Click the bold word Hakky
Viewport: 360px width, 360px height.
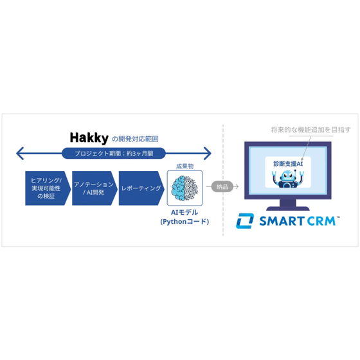89,138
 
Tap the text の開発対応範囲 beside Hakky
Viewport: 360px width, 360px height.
135,139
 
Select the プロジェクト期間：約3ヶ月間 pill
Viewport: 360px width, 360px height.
114,154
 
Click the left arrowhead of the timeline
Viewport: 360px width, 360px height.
20,154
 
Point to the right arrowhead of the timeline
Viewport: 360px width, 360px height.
207,154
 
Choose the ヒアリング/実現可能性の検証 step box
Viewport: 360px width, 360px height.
48,188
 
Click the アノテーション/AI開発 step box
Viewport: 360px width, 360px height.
94,188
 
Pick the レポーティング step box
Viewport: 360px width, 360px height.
141,188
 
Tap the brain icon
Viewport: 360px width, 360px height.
184,188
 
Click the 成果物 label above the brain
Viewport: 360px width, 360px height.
184,166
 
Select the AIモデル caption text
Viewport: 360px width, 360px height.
184,212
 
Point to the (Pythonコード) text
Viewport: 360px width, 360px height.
184,222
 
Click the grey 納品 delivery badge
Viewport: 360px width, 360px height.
222,186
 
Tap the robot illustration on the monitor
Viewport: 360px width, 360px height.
288,179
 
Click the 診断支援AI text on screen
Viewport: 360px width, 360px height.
288,164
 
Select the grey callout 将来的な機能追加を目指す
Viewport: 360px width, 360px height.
311,130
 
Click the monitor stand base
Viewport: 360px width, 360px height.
288,208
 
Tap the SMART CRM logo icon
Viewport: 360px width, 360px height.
245,221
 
